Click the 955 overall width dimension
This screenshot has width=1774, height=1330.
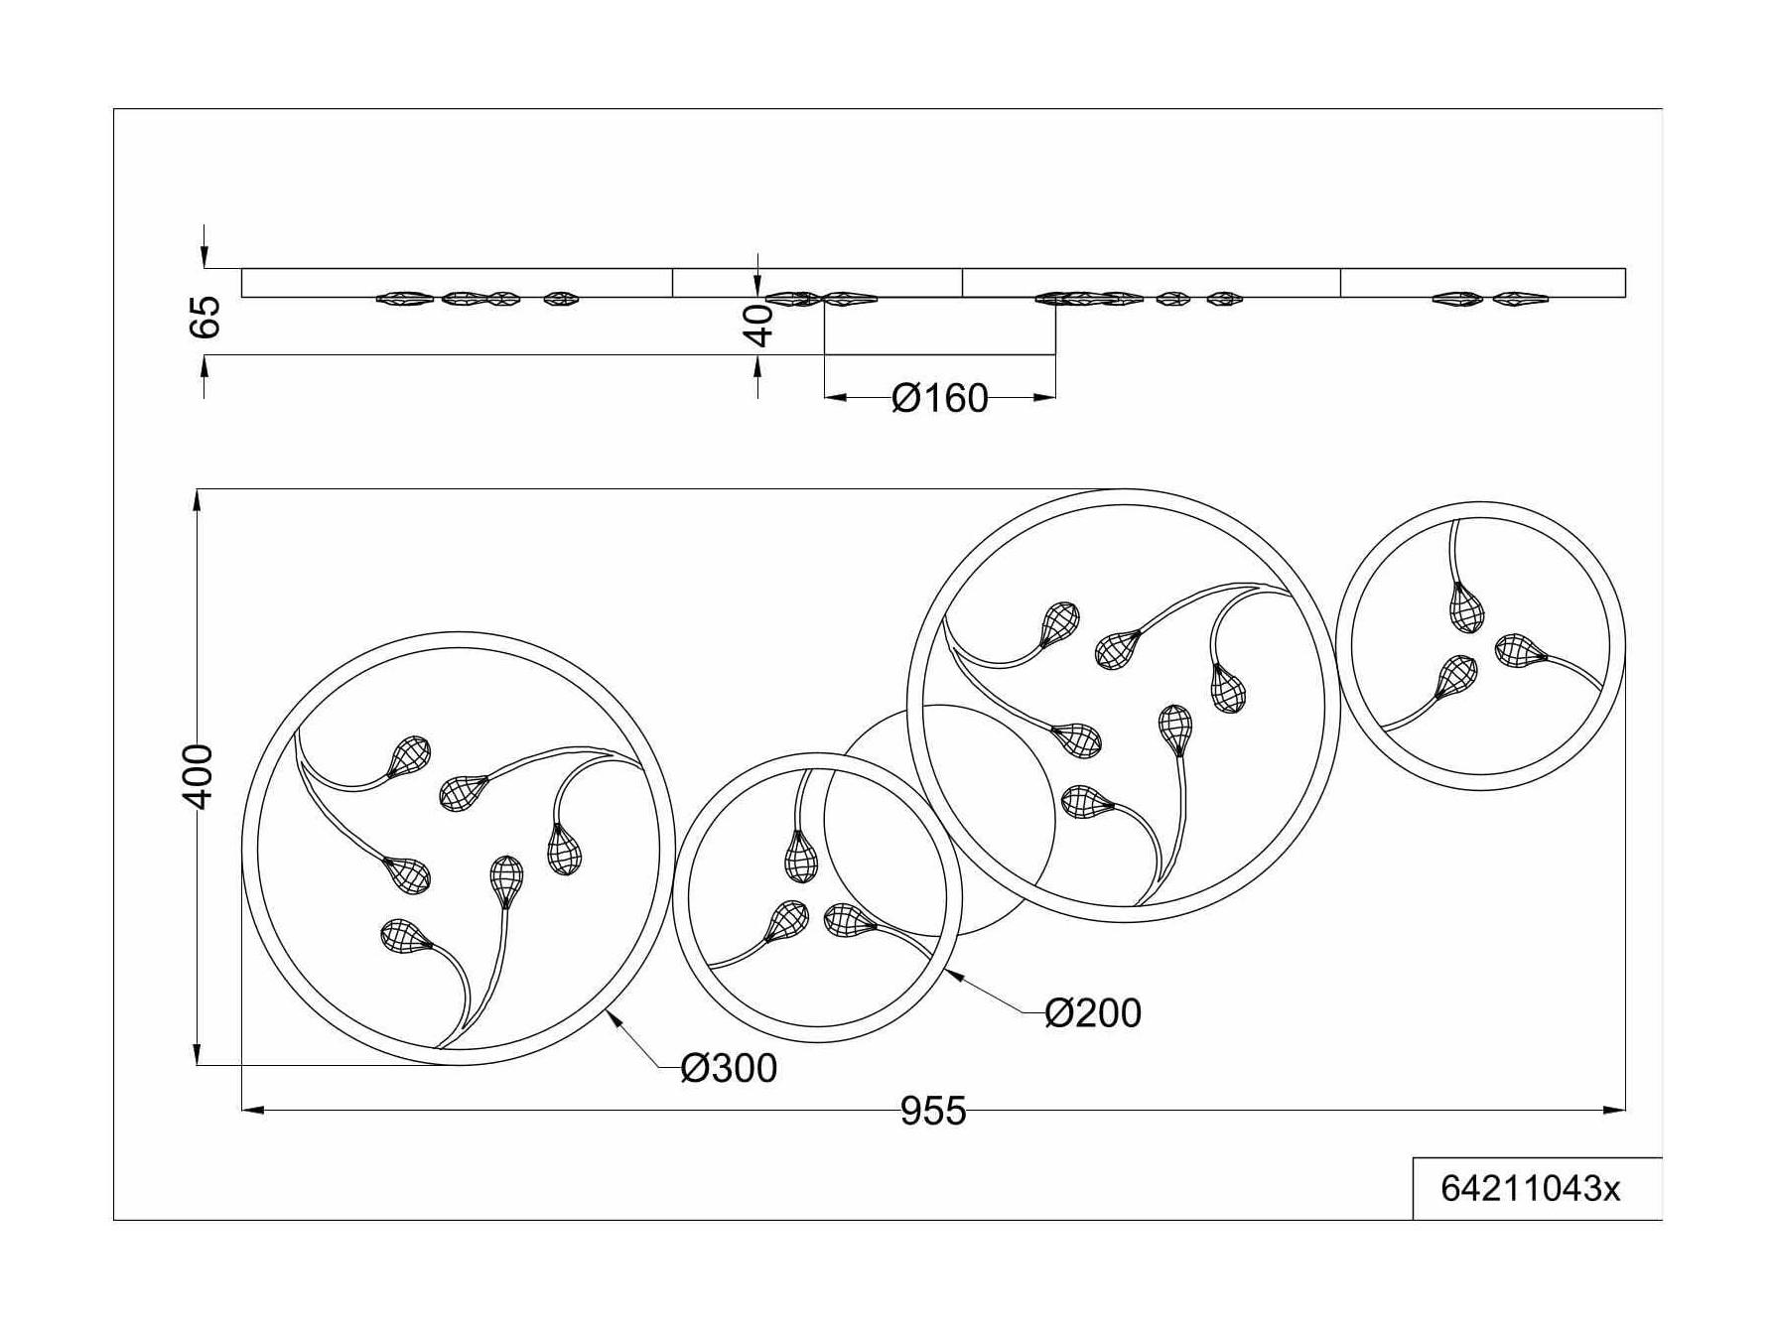pyautogui.click(x=932, y=1111)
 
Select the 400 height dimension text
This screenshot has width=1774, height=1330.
pyautogui.click(x=200, y=776)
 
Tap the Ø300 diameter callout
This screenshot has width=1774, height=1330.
pyautogui.click(x=729, y=1068)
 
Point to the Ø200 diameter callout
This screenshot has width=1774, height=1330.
pyautogui.click(x=1093, y=1012)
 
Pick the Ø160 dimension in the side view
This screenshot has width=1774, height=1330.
pyautogui.click(x=940, y=398)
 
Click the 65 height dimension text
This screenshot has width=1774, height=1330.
pyautogui.click(x=205, y=317)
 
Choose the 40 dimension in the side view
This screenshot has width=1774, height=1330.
pyautogui.click(x=759, y=326)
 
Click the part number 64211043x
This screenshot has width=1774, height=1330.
pyautogui.click(x=1530, y=1188)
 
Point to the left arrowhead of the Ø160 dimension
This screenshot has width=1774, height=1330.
pyautogui.click(x=836, y=398)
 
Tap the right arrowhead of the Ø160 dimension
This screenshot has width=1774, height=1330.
pyautogui.click(x=1044, y=398)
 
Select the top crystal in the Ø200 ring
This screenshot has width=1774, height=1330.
pyautogui.click(x=801, y=855)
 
